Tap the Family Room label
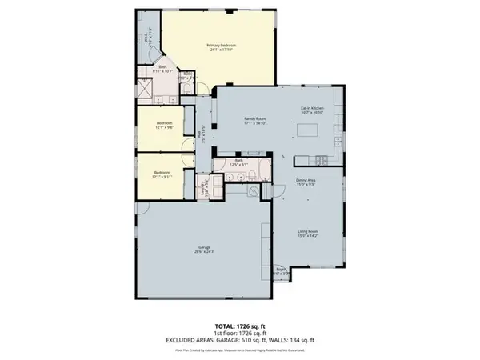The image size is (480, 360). coord(254,121)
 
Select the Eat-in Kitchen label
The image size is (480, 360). coord(310,110)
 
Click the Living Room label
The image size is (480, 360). coord(309,234)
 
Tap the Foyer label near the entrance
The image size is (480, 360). coord(282,272)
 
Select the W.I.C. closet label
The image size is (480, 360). coord(146,38)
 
